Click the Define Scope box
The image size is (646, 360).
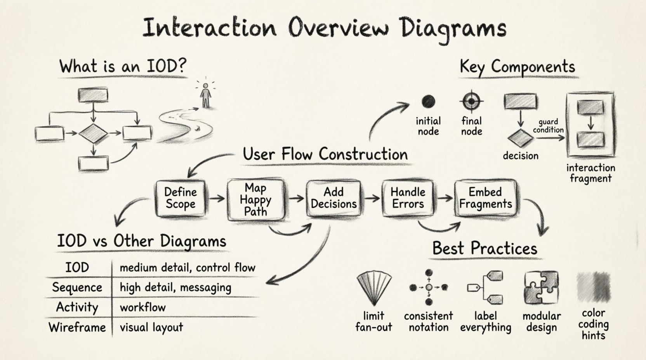tap(180, 198)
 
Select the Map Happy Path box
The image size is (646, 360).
tap(255, 200)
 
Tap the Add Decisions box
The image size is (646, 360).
tap(333, 198)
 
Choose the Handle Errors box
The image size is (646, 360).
tap(408, 198)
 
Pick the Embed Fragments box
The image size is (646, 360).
tap(485, 198)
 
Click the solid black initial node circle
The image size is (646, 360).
tap(428, 102)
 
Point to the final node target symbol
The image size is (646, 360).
tap(471, 102)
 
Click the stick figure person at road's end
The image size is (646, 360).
tap(205, 95)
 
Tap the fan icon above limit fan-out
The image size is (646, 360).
tap(373, 288)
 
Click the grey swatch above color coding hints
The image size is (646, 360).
tap(593, 287)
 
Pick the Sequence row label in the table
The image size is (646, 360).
tap(77, 287)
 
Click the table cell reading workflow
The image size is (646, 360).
tap(143, 308)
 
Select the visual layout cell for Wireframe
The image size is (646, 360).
tap(151, 327)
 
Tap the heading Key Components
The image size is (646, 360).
tap(517, 67)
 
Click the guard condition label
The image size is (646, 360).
tap(548, 126)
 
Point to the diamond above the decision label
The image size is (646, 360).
tap(520, 138)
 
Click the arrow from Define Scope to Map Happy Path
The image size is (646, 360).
tap(217, 199)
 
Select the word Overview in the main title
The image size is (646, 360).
tap(338, 28)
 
